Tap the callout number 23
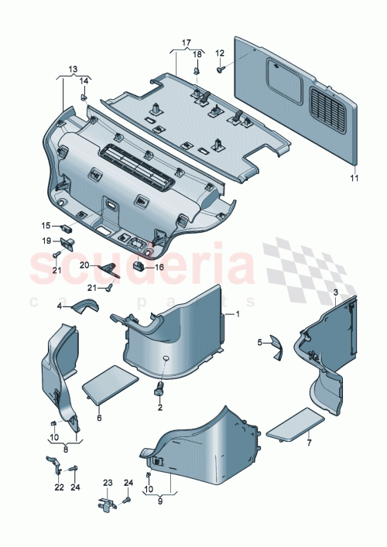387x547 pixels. click(x=107, y=481)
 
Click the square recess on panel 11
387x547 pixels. click(x=274, y=76)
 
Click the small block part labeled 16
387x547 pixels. click(x=140, y=266)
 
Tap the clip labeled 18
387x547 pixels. click(x=197, y=71)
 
